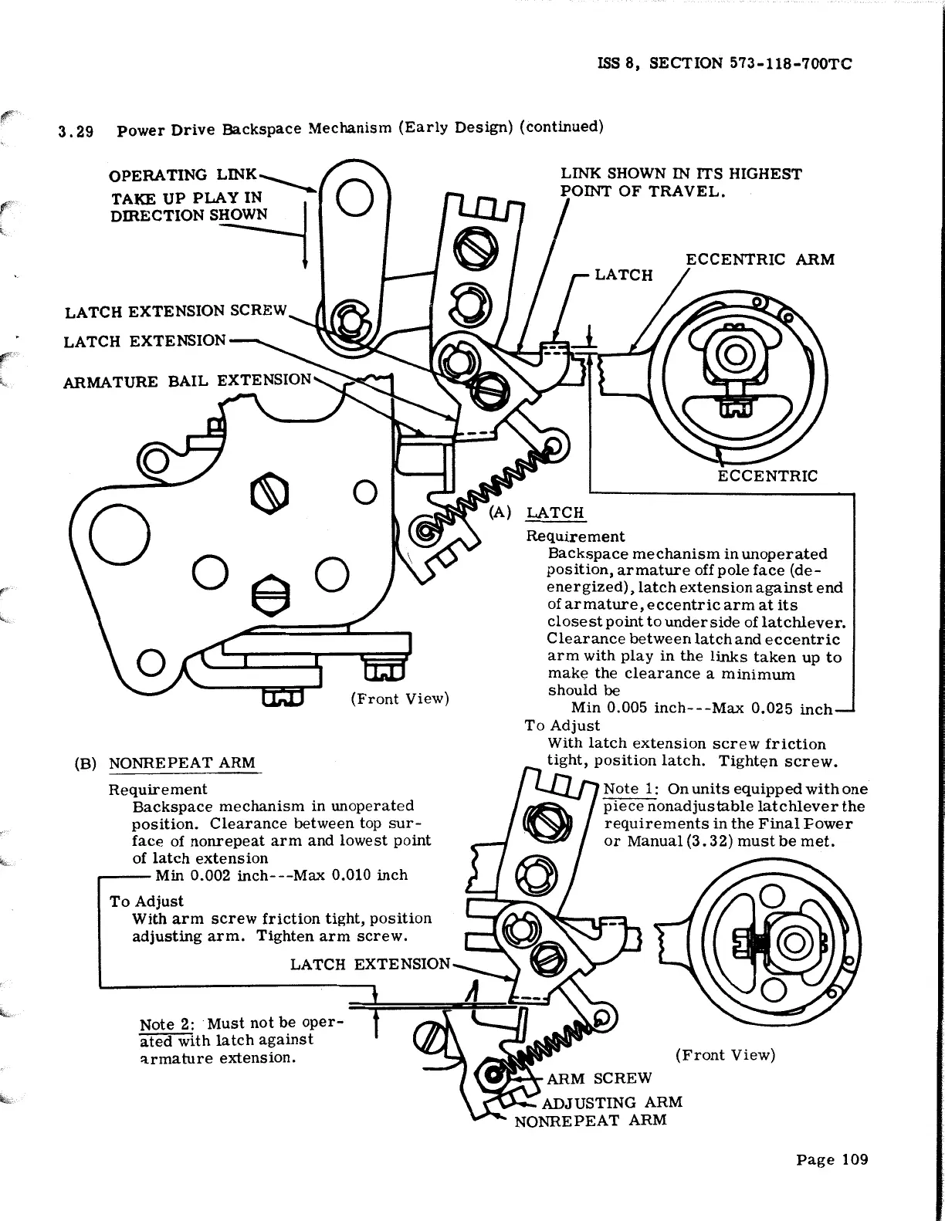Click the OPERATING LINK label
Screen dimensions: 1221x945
click(x=184, y=176)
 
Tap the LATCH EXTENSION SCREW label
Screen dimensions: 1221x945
click(x=176, y=311)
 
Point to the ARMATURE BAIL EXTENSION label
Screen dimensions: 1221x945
click(x=188, y=381)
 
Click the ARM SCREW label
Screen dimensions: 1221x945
click(x=599, y=1078)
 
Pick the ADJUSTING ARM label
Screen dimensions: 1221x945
click(x=612, y=1102)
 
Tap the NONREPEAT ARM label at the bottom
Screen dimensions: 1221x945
click(x=590, y=1120)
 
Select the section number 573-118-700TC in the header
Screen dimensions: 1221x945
click(x=790, y=64)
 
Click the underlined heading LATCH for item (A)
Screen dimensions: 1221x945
click(x=555, y=513)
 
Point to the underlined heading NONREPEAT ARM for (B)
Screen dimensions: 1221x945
click(x=182, y=763)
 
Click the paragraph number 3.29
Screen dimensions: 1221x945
click(x=76, y=131)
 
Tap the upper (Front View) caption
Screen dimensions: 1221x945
click(x=399, y=698)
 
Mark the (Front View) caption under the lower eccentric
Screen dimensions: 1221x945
click(x=725, y=1055)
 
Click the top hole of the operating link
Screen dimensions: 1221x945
click(x=355, y=198)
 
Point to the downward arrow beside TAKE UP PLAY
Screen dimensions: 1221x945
click(x=306, y=232)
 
